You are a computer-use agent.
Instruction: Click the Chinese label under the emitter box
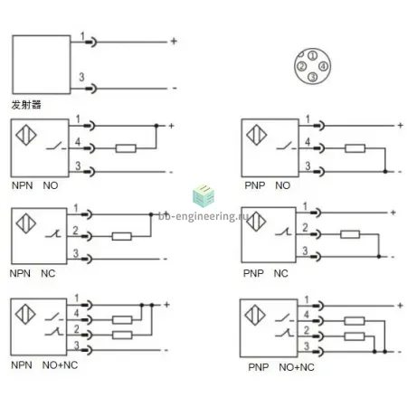(26, 105)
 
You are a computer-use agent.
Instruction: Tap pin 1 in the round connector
(313, 56)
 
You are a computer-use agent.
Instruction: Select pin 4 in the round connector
(323, 66)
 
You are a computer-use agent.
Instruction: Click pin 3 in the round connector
(313, 77)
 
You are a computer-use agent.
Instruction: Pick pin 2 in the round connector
(302, 66)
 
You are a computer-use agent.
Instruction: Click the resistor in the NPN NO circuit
(126, 148)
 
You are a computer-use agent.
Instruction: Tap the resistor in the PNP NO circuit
(355, 148)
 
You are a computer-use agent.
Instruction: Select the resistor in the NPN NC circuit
(122, 236)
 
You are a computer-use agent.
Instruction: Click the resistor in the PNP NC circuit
(350, 234)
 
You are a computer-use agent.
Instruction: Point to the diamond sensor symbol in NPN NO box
(26, 135)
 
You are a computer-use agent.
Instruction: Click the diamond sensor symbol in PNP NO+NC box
(255, 315)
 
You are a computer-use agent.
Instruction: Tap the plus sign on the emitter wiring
(174, 41)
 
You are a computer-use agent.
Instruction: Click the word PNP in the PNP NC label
(253, 273)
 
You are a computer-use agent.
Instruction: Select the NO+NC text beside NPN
(60, 365)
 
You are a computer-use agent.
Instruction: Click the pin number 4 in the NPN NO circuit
(78, 141)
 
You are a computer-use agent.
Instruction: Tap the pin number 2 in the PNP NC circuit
(305, 228)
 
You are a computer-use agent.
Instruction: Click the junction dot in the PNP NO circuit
(385, 172)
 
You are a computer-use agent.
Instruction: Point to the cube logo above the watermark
(203, 196)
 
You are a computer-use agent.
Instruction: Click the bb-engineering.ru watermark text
(203, 216)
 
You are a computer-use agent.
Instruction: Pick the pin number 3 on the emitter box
(81, 77)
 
